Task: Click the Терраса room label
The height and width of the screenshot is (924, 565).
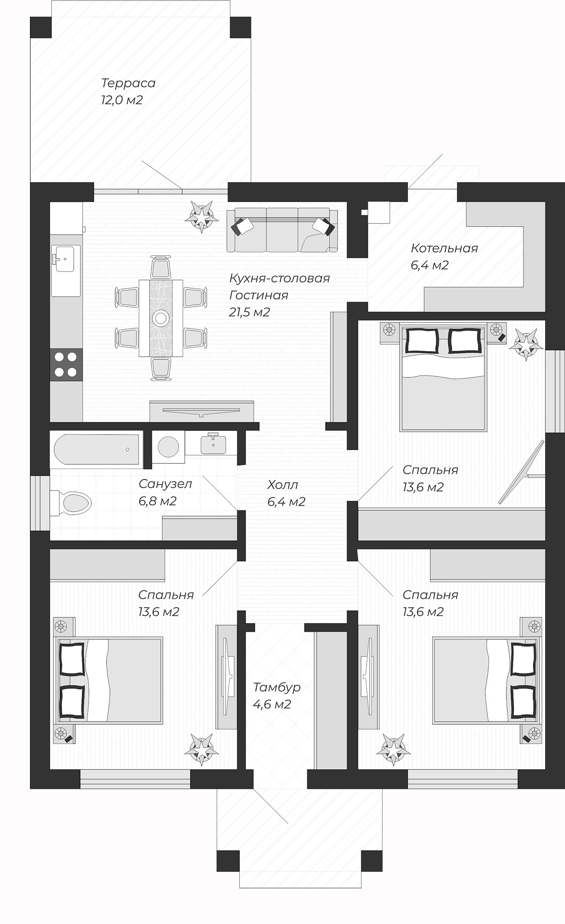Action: pos(128,83)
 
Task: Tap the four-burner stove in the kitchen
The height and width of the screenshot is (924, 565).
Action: pos(66,364)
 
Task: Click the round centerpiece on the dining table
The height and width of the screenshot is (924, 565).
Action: pos(161,318)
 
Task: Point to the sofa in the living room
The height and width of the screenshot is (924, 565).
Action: pos(282,230)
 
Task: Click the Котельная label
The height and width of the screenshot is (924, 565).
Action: pos(444,248)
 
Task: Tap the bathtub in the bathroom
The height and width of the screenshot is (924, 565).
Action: pos(96,449)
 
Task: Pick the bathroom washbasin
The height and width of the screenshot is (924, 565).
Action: pos(213,444)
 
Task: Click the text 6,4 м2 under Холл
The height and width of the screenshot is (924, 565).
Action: pos(286,502)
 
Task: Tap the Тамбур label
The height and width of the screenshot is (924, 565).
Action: pos(277,687)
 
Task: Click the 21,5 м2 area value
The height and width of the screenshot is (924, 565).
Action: pos(249,312)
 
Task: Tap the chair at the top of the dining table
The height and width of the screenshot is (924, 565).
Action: pos(161,267)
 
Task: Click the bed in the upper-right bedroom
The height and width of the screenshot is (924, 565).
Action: pos(443,378)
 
